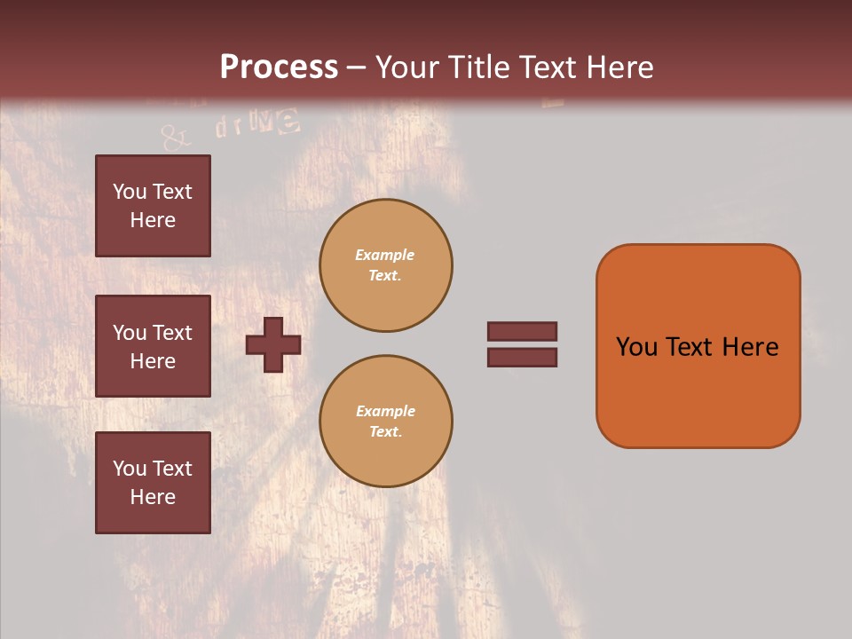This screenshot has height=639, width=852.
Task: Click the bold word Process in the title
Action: click(x=279, y=67)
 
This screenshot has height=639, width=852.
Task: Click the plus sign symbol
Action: click(x=273, y=344)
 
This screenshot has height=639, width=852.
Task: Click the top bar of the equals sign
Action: click(x=523, y=331)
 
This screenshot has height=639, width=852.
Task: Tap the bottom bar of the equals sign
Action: click(x=523, y=357)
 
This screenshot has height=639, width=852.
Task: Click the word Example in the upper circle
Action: click(x=384, y=255)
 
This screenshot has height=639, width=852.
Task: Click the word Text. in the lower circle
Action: click(x=385, y=431)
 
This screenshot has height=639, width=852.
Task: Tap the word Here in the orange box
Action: click(x=750, y=347)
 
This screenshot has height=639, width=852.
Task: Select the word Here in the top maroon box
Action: click(x=153, y=220)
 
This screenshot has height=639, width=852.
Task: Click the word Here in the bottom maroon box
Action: click(x=153, y=497)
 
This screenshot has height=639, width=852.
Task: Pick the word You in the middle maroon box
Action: click(x=129, y=333)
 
